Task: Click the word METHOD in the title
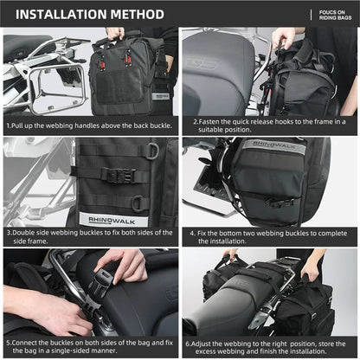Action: click(137, 15)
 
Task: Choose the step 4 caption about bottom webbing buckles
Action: click(269, 237)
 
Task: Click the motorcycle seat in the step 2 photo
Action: click(216, 69)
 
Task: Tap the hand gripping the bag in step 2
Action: click(282, 36)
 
